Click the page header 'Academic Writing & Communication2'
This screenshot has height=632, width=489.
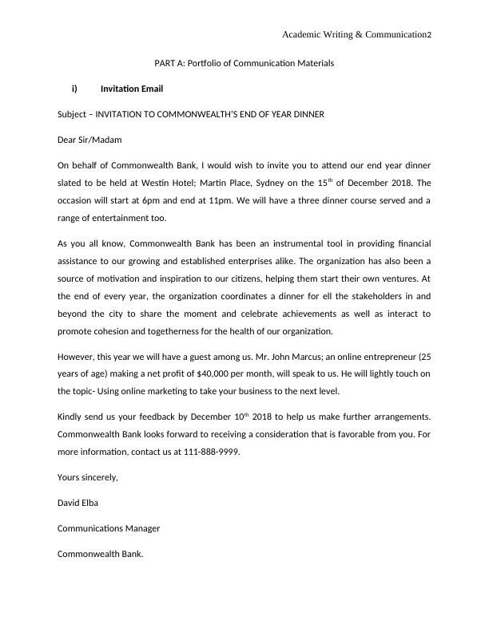point(356,35)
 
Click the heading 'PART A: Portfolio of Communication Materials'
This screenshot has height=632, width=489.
point(244,62)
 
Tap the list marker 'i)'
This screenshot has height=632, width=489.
point(74,89)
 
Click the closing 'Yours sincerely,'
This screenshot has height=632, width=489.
point(88,476)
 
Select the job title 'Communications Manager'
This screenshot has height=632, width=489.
point(109,527)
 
